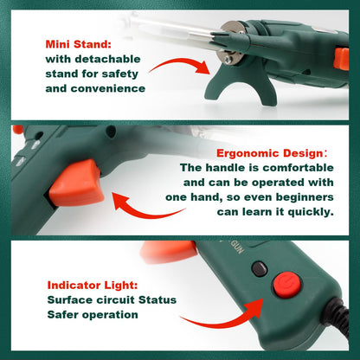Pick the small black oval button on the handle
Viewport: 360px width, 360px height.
tap(259, 269)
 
